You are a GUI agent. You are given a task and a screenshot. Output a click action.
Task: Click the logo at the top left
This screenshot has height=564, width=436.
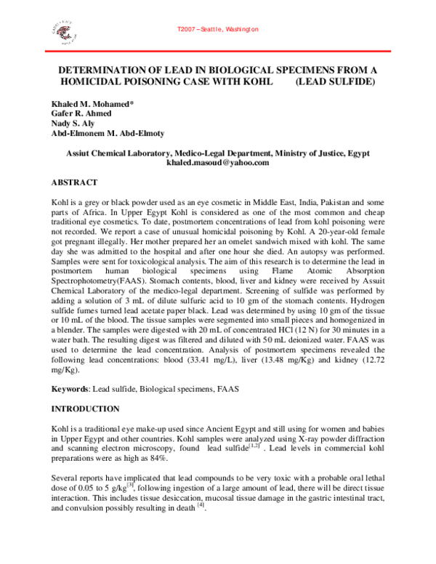pyautogui.click(x=61, y=31)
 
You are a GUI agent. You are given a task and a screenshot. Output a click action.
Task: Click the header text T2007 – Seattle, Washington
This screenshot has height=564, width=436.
pyautogui.click(x=217, y=29)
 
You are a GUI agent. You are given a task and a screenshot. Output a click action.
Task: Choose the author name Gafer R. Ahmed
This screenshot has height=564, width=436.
pyautogui.click(x=81, y=114)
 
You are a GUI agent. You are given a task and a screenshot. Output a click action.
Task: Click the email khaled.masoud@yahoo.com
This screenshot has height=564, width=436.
pyautogui.click(x=217, y=163)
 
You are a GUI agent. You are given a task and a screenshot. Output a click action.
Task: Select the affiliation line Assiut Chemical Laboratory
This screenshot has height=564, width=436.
pyautogui.click(x=217, y=153)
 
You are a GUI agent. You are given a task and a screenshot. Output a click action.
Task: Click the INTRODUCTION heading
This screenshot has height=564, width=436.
pyautogui.click(x=89, y=409)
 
